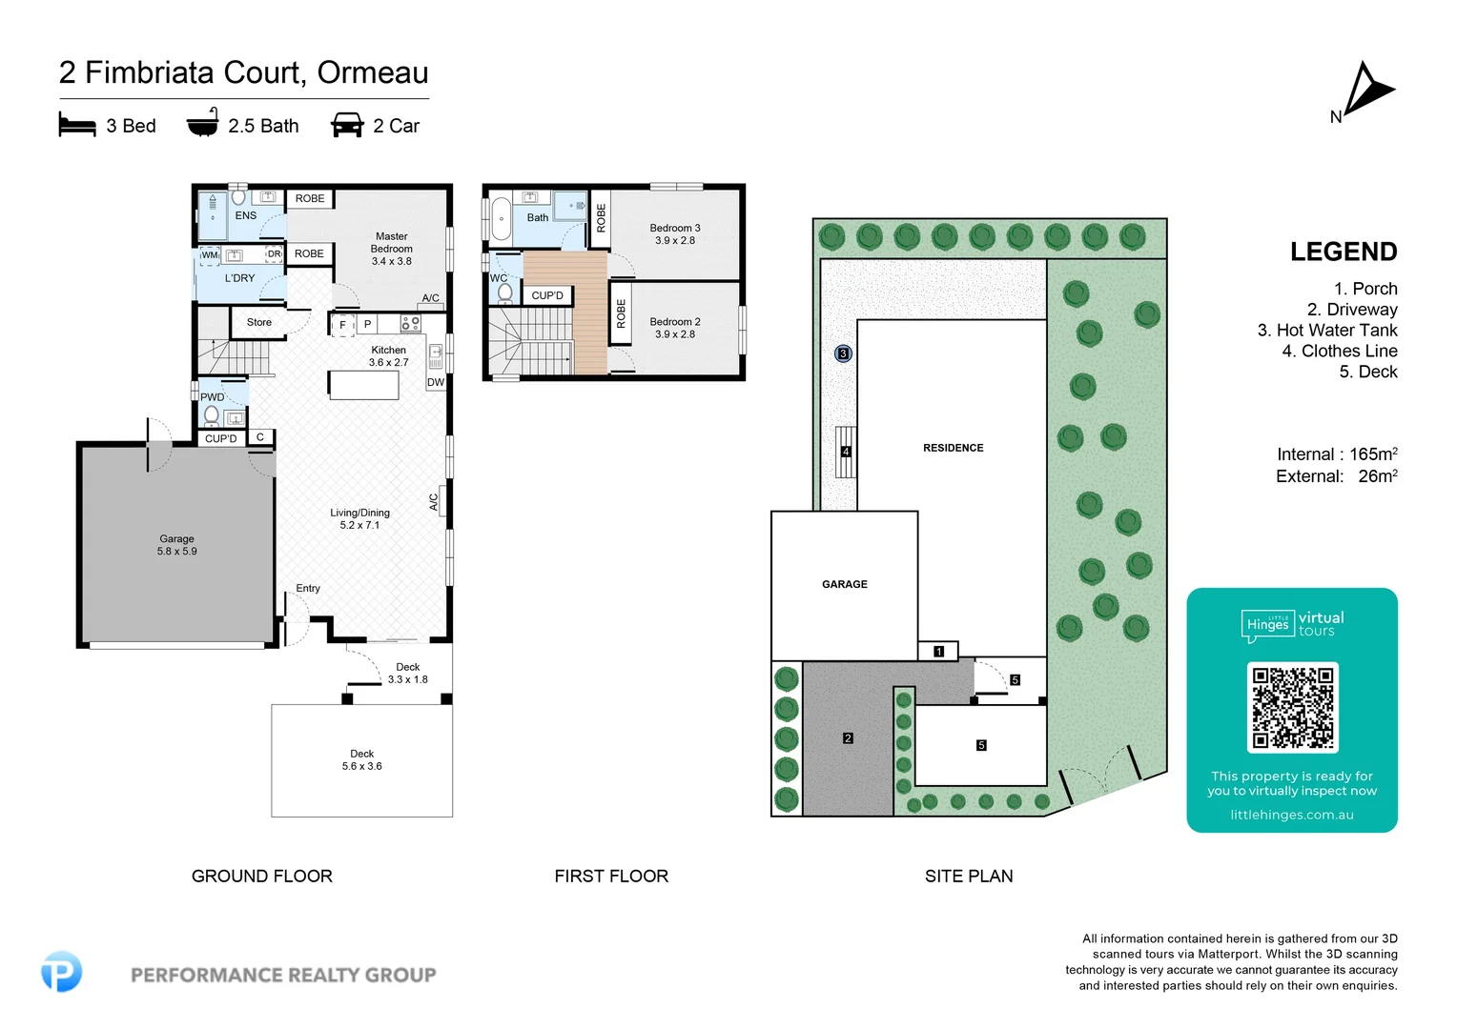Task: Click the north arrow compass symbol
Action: [x=1368, y=91]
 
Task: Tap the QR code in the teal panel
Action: [x=1292, y=707]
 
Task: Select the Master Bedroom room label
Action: [x=392, y=249]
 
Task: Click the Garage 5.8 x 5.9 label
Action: [x=177, y=545]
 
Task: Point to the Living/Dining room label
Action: [x=359, y=518]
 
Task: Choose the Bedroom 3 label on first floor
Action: [x=675, y=234]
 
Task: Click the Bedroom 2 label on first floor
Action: [x=675, y=328]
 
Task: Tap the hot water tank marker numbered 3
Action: [x=843, y=353]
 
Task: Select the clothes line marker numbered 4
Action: [x=846, y=452]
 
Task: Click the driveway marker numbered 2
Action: [x=848, y=738]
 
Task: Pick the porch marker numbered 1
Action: [x=939, y=652]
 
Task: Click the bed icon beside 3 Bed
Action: [x=77, y=125]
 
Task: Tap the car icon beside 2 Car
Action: [x=347, y=125]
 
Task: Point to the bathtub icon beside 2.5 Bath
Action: [x=202, y=124]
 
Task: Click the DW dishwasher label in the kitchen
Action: [x=436, y=382]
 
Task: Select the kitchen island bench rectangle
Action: [x=363, y=385]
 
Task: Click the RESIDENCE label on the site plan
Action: [x=953, y=448]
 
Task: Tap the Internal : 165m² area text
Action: [x=1337, y=454]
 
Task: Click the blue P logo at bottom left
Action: [x=62, y=972]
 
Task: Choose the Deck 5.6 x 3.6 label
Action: [x=361, y=759]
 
